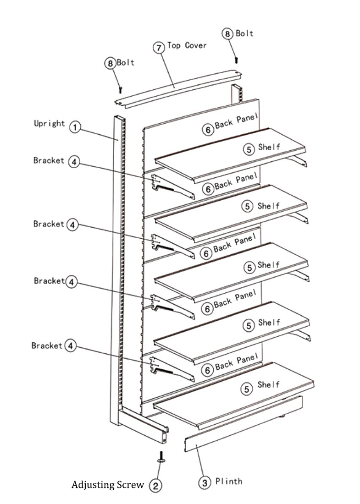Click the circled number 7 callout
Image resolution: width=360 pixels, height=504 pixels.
tap(159, 48)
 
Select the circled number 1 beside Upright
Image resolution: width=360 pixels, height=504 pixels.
tap(75, 127)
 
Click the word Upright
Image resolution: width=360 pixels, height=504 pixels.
tap(49, 123)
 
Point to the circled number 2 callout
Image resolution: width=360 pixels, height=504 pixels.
tap(156, 486)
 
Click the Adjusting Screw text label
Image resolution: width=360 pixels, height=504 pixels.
tap(107, 485)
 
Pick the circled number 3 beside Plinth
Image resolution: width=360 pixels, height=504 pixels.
tap(205, 482)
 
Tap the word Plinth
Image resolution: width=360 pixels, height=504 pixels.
tap(228, 481)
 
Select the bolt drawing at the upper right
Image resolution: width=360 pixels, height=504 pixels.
tap(237, 59)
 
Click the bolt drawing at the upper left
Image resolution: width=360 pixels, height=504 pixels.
tap(120, 88)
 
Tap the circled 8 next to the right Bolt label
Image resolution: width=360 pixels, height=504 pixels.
tap(228, 33)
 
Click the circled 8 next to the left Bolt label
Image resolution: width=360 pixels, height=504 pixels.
tap(110, 63)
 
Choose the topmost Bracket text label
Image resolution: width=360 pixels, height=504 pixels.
tap(49, 160)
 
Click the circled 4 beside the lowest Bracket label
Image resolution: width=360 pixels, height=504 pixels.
tap(70, 345)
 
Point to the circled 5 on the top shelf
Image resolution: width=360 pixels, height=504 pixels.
tap(248, 149)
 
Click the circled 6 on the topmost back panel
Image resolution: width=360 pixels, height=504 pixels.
tap(208, 130)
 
